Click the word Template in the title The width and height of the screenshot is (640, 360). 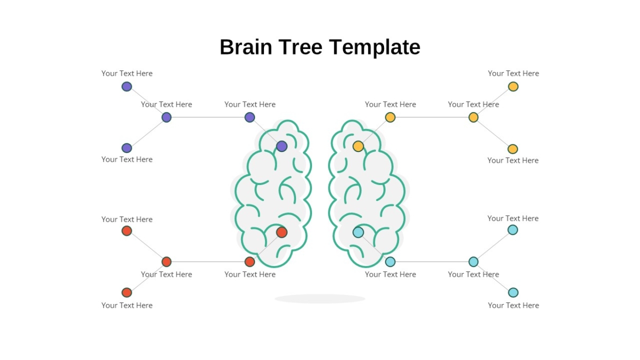(374, 47)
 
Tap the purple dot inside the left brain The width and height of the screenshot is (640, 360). (282, 146)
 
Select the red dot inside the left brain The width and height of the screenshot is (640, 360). (282, 232)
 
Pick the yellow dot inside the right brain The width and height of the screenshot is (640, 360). (358, 146)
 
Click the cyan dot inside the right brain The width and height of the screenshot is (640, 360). (358, 232)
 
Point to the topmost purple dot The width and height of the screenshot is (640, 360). (126, 86)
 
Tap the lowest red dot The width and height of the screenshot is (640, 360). (126, 292)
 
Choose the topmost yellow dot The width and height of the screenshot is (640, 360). (513, 86)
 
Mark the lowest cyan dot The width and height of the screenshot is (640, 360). (513, 292)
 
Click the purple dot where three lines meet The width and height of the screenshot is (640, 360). (166, 117)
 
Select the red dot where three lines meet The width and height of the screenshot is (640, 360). (166, 262)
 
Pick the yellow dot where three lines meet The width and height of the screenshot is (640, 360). (474, 117)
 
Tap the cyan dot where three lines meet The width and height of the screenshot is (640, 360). (474, 262)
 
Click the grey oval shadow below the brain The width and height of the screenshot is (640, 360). (320, 299)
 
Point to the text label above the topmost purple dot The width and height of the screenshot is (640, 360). (127, 74)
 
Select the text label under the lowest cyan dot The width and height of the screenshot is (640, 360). (513, 305)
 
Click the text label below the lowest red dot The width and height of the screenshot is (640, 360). (127, 305)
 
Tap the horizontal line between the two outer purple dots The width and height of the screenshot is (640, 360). (208, 117)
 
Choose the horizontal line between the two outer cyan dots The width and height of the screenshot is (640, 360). (432, 262)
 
